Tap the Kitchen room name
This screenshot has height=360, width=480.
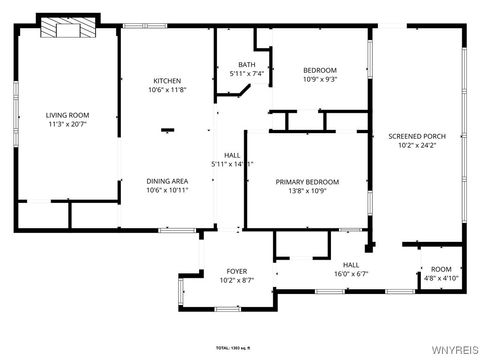(167, 81)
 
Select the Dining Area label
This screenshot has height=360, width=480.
(167, 181)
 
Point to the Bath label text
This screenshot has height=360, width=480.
(246, 64)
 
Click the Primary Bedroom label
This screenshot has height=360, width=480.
(307, 181)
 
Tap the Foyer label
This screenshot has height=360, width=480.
(236, 271)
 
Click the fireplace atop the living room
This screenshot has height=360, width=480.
(69, 28)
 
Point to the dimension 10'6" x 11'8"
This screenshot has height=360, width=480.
(167, 90)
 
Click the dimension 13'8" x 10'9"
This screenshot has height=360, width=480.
(307, 190)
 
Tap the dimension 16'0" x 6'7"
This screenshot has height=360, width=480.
(350, 274)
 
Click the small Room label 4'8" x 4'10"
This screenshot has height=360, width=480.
(441, 274)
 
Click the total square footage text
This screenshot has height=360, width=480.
(239, 347)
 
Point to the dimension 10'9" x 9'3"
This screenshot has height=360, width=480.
(320, 78)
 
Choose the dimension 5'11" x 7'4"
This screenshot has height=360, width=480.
(246, 73)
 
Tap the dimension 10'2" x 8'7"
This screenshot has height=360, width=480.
(236, 280)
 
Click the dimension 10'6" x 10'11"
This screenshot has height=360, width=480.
(167, 190)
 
